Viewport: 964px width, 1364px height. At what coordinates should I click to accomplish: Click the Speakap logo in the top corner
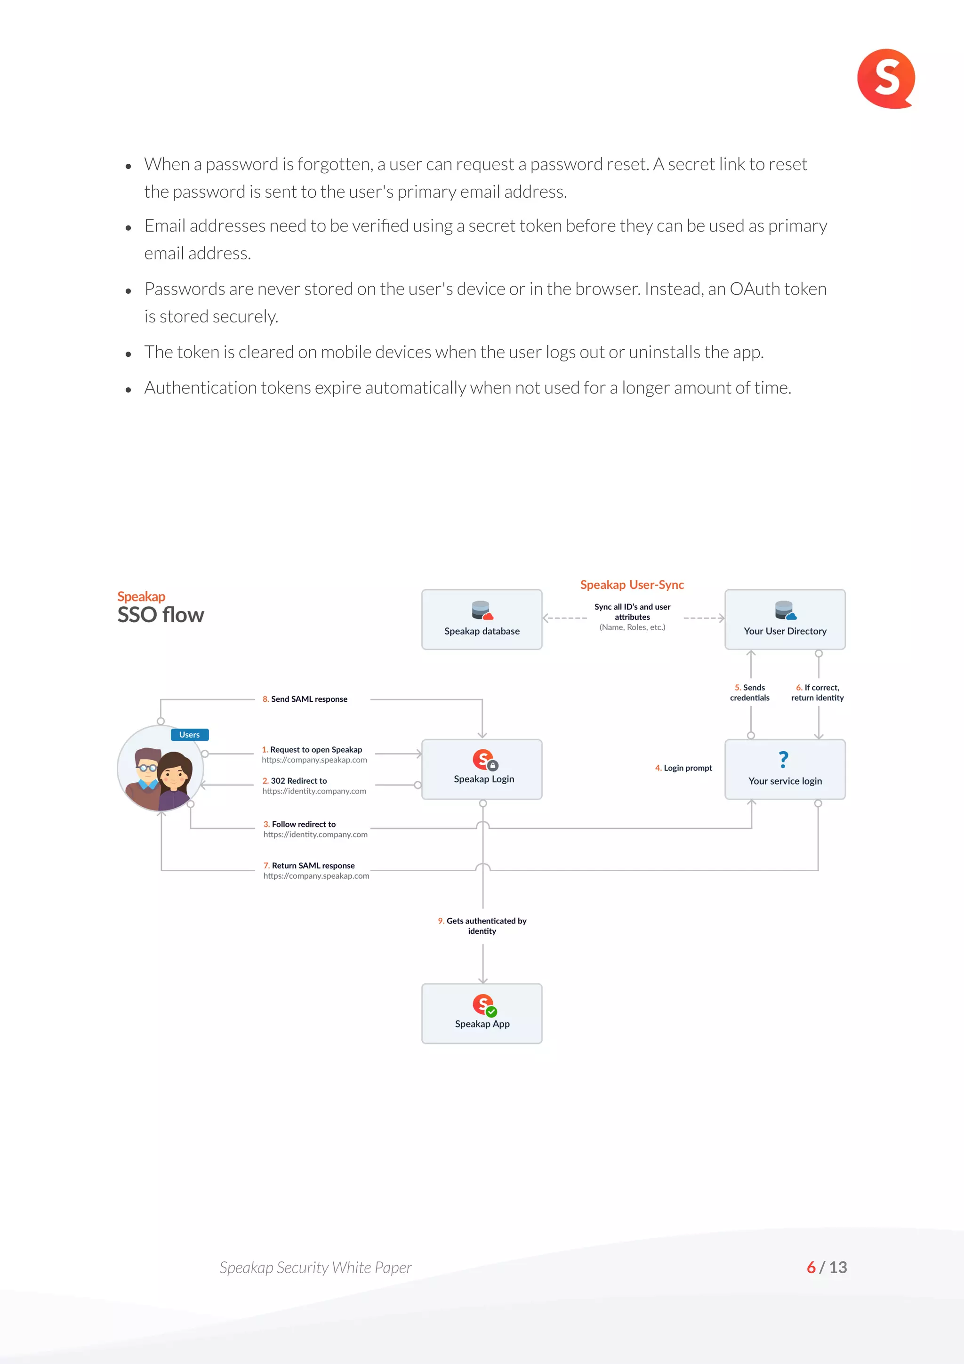pos(885,79)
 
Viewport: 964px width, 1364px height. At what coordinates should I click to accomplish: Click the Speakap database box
pos(482,619)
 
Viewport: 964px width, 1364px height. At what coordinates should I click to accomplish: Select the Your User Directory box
pos(785,619)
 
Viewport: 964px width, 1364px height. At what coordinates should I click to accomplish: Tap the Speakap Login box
pos(482,770)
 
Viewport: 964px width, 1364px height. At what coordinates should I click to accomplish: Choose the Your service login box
pos(785,770)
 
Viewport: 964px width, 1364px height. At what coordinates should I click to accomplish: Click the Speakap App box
pos(482,1013)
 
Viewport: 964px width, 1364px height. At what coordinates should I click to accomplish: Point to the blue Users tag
pos(190,735)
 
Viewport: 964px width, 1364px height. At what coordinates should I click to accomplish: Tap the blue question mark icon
pos(783,759)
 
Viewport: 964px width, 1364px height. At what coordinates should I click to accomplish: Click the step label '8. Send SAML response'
pos(305,699)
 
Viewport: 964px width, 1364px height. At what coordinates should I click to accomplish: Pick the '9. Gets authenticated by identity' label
pos(482,925)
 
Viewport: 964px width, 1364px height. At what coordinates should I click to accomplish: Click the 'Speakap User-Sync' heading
pos(632,585)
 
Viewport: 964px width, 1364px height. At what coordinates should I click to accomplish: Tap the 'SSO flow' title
pos(161,615)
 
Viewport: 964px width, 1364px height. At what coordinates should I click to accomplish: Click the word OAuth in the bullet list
pos(755,289)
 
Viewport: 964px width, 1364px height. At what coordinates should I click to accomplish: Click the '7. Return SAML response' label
pos(309,866)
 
